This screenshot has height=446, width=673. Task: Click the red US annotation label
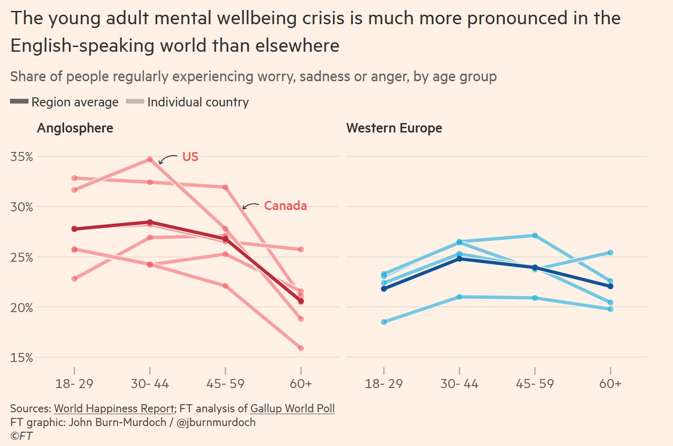190,157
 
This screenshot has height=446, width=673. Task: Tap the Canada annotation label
285,206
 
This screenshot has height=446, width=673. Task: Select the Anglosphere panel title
75,128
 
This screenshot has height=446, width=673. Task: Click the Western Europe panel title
394,128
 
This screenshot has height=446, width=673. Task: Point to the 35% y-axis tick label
22,157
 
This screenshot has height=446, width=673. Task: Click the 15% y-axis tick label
22,358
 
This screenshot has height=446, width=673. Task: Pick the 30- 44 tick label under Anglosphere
150,384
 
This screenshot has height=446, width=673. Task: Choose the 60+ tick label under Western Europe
610,384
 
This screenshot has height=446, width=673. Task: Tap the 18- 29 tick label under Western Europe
383,384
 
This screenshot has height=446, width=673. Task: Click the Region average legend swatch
19,102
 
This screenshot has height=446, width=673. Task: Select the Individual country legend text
198,102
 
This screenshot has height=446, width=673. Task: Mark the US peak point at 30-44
150,160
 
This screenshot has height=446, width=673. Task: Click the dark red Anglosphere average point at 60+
301,301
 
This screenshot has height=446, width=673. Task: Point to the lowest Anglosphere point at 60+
301,348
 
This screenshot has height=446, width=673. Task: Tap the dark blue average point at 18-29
384,289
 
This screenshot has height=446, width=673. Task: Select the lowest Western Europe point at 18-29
384,322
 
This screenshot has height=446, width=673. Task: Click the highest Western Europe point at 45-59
535,236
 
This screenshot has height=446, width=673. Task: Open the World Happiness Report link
114,408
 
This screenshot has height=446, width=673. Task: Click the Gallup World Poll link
292,408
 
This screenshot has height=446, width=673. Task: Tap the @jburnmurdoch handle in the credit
216,422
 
